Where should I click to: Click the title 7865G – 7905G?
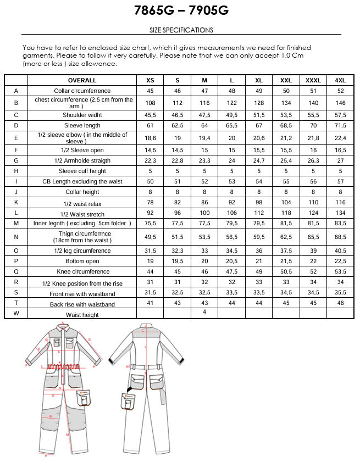coord(181,10)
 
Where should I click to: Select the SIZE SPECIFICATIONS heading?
coord(181,30)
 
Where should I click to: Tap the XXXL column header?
coord(313,80)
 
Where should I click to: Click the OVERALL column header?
coord(82,80)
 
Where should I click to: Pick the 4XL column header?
coord(340,80)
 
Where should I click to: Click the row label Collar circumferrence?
coord(82,91)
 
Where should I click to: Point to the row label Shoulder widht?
coord(82,115)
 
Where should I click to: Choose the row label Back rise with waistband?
coord(82,304)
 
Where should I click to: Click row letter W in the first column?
coord(16,314)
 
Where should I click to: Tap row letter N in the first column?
coord(16,237)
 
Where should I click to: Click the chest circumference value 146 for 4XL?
coord(340,103)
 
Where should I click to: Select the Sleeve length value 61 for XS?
coord(150,125)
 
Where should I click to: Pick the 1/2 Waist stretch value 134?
coord(340,213)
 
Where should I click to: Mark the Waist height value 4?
coord(204,312)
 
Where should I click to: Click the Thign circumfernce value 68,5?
coord(340,237)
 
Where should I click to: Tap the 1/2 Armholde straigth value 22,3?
coord(150,160)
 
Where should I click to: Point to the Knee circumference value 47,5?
coord(231,271)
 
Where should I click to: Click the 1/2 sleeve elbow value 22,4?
coord(340,138)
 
